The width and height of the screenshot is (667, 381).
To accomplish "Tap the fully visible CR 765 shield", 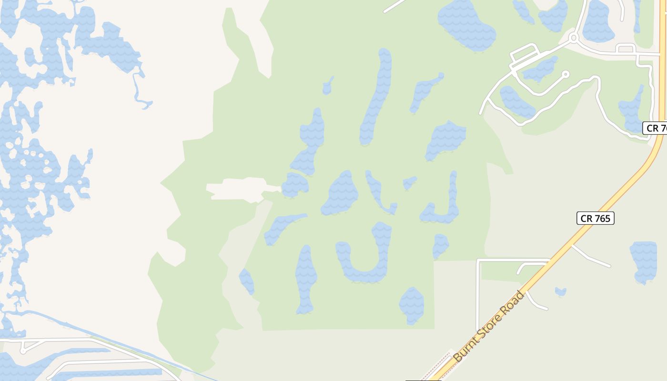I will click(x=596, y=218).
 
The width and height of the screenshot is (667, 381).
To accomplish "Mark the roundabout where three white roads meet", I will click(x=574, y=37).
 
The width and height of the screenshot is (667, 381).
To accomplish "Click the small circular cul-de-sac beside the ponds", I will click(x=566, y=74).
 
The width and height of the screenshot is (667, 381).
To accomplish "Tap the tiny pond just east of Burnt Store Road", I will click(x=560, y=291).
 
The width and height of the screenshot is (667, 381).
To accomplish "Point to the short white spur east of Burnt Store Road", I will click(x=591, y=257).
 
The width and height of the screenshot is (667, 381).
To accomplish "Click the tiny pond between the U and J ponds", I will click(x=409, y=183).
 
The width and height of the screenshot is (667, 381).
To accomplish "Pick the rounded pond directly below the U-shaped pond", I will click(x=412, y=305).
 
